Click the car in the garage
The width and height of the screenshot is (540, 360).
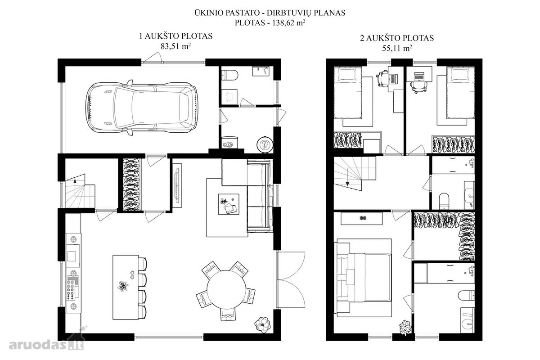coord(142,108)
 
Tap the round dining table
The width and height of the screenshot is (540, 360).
coord(226,289)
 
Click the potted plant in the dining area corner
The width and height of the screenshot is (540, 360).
coord(262,324)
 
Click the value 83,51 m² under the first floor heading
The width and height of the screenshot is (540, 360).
coord(176,46)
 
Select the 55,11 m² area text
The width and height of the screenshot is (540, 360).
coord(397,48)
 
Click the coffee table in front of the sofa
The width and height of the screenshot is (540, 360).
coord(229,204)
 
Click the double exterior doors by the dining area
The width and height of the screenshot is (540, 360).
coord(291,280)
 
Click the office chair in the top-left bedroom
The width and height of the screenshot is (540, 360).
coord(382,78)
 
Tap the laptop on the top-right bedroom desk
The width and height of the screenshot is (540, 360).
coord(419,76)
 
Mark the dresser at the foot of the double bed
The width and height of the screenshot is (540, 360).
coord(362,218)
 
